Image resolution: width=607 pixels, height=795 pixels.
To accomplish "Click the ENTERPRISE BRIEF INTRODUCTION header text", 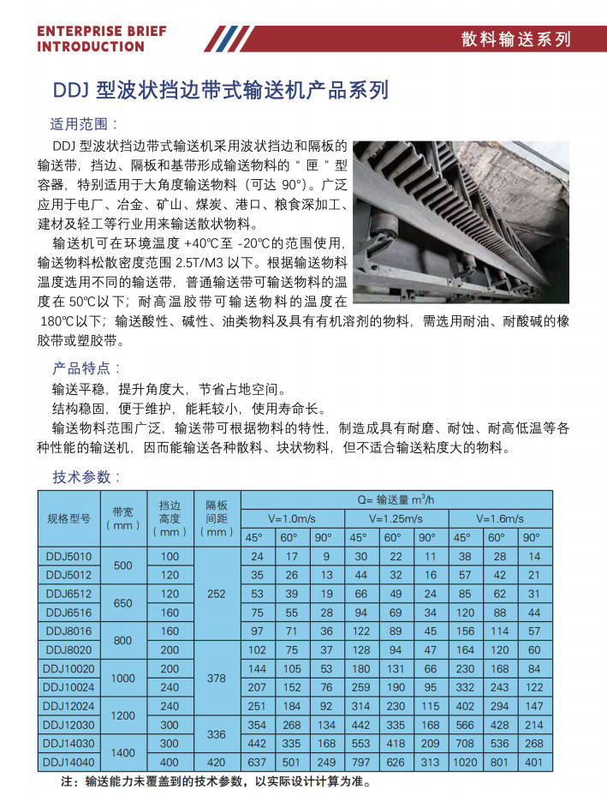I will coord(102,39).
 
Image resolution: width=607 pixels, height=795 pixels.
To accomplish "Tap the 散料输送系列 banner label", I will coord(515,39).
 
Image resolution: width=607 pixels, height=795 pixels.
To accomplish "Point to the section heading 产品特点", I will coord(81,368).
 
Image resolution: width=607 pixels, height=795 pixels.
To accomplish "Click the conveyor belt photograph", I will coord(461,221).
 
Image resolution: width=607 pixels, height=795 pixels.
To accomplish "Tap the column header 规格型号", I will coord(68,518).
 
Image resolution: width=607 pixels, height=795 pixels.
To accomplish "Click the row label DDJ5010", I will coord(68,556).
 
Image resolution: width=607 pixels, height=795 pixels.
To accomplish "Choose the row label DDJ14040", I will coord(68,762).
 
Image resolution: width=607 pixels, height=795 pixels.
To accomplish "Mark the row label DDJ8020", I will coord(68,649).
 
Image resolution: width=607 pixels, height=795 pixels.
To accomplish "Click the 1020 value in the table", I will coord(463,762).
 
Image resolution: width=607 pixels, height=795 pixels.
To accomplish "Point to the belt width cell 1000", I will coord(123,678).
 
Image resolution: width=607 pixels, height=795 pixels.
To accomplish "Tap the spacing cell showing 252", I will coord(216,593).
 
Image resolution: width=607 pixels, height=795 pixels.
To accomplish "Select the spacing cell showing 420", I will coord(216,762).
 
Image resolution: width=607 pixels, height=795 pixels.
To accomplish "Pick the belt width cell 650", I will coord(123,602).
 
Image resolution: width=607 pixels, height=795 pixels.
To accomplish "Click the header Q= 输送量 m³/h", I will coord(396,499).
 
